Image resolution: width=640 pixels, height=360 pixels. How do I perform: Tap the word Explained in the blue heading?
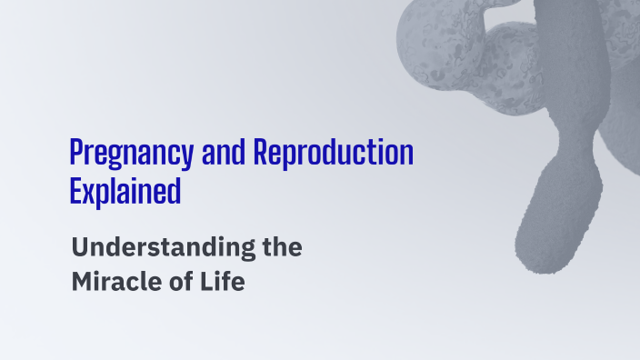coord(125,192)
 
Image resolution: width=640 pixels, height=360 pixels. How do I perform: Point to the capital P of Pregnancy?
coord(76,154)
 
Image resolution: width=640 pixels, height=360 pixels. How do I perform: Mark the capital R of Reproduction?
coord(260,154)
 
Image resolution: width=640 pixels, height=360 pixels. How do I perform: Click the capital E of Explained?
coord(75,191)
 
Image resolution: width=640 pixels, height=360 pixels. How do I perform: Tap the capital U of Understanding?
coord(79,246)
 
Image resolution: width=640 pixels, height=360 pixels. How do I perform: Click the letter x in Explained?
coord(90,193)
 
